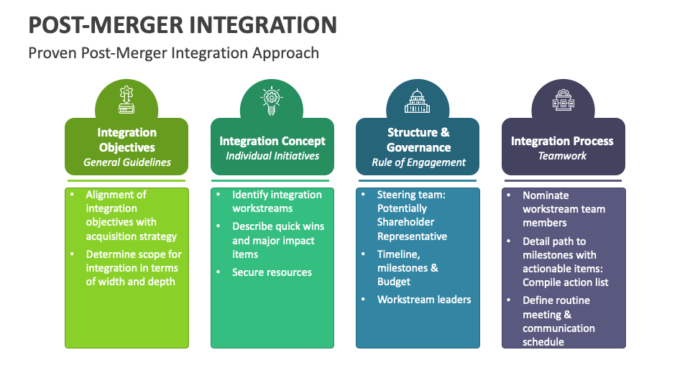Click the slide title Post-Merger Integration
(x=183, y=24)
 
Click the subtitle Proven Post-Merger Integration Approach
(x=173, y=53)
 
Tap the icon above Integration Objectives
(x=126, y=101)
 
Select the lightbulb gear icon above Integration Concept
(x=272, y=101)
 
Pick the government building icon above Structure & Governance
(x=418, y=101)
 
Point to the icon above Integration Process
(x=563, y=101)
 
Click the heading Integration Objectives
(x=126, y=139)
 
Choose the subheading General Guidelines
(x=126, y=162)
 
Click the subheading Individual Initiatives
(x=272, y=156)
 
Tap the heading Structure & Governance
(x=418, y=139)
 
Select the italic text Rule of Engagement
(x=418, y=162)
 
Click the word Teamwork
(x=563, y=156)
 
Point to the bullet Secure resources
(x=272, y=272)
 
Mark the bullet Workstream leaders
(x=424, y=299)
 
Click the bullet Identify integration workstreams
(x=277, y=201)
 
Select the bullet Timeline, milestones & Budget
(x=408, y=267)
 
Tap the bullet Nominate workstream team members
(x=563, y=209)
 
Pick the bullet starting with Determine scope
(x=134, y=267)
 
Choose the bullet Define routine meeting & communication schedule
(x=558, y=321)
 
